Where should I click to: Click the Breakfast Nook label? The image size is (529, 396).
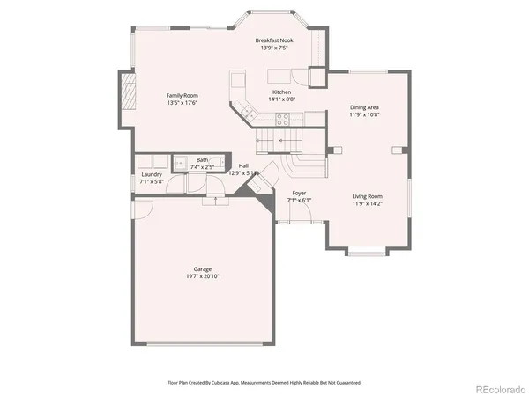tap(273, 40)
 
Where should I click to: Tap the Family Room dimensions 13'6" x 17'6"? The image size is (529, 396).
tap(183, 103)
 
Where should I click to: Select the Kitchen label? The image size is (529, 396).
tap(281, 92)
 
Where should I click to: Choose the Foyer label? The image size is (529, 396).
tap(299, 192)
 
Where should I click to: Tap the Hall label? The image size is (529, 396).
tap(244, 165)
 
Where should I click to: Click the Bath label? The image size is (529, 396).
tap(203, 159)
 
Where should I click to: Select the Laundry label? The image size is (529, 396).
tap(152, 174)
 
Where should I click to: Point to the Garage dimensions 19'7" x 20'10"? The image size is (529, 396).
tap(203, 276)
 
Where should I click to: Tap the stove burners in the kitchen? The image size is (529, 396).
tap(283, 122)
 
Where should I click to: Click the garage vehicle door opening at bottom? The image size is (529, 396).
tap(202, 344)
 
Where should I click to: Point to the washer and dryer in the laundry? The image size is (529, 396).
tap(152, 162)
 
